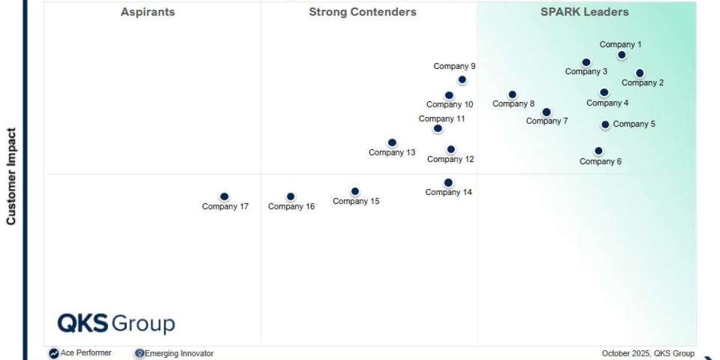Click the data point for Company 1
622,55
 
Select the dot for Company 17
224,197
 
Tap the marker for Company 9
462,80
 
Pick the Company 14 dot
448,183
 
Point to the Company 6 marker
598,151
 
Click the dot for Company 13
392,143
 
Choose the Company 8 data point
512,95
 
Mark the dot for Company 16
290,197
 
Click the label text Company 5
634,124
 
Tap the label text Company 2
643,83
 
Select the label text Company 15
356,201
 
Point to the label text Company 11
442,119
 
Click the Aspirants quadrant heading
148,12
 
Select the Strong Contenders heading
362,12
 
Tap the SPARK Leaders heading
584,12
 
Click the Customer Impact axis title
11,176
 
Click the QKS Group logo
116,323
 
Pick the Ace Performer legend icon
54,353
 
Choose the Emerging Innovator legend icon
140,353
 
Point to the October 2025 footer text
648,353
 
